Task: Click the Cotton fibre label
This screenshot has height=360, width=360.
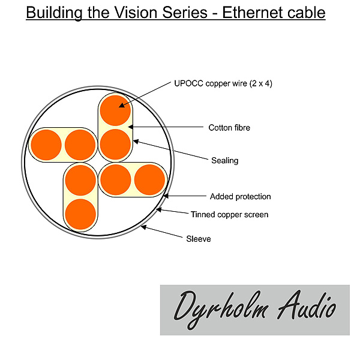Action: point(229,127)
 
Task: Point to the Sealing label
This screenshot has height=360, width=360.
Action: point(224,160)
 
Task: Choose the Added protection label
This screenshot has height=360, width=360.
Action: point(240,196)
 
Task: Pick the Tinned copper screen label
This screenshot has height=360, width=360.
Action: point(229,214)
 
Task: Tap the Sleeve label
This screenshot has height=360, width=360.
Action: point(199,239)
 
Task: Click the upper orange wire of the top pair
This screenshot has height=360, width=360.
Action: point(116,110)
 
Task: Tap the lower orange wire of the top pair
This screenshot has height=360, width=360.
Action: point(115,144)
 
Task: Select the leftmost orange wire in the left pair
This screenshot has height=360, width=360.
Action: point(46,145)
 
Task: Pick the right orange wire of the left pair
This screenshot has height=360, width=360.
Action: point(80,145)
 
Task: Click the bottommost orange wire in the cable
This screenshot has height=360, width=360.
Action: point(80,214)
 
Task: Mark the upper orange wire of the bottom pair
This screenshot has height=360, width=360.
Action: point(80,179)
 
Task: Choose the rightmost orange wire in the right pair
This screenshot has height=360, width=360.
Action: point(149,179)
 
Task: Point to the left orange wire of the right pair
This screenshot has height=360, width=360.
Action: point(116,179)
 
